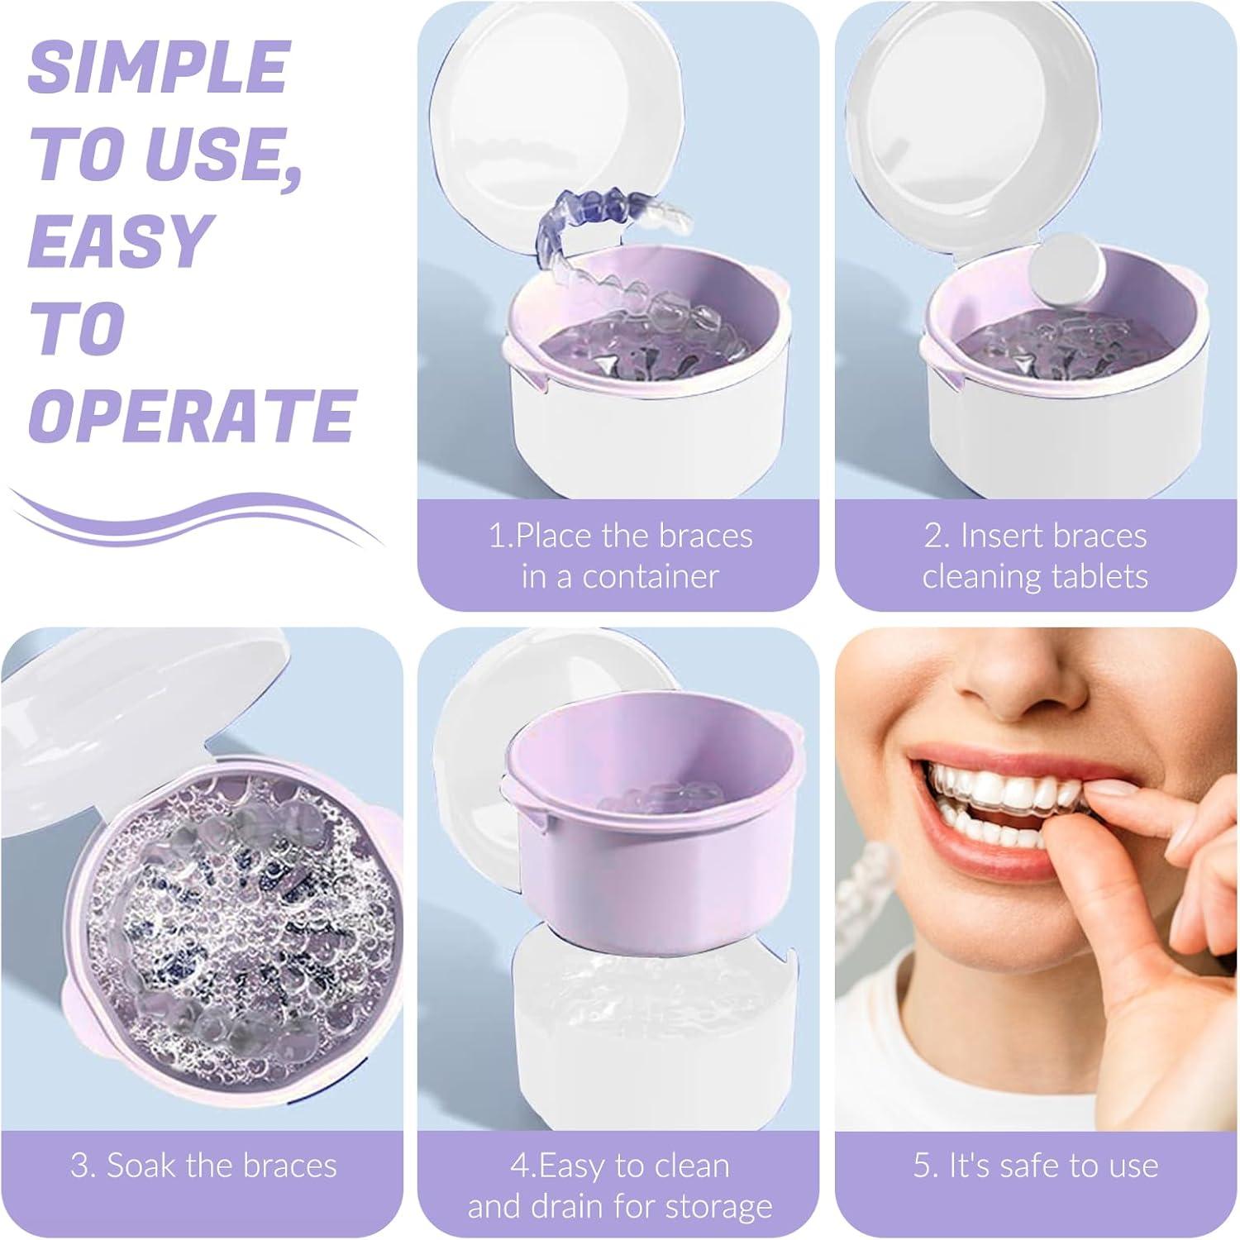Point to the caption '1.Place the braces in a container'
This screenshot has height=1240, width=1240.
coord(620,556)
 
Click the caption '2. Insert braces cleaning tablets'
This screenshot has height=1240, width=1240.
coord(1035,556)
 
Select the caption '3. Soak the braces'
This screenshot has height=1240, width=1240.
coord(203,1165)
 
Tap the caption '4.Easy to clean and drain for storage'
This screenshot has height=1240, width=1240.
coord(620,1185)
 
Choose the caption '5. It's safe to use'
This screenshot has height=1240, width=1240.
coord(1035,1165)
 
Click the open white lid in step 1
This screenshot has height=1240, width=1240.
coord(537,132)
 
